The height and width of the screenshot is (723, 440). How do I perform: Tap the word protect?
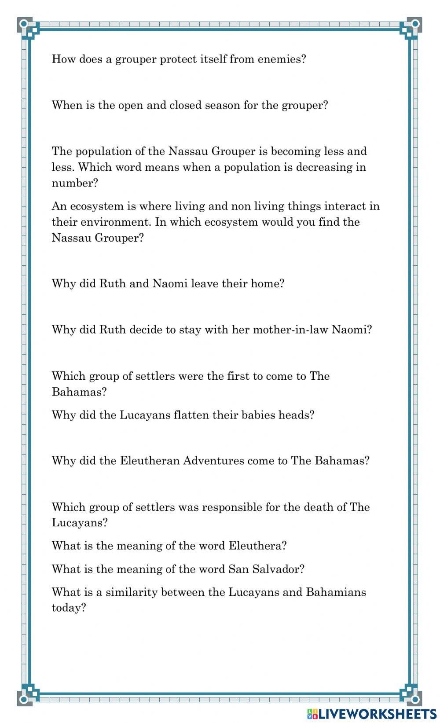[178, 59]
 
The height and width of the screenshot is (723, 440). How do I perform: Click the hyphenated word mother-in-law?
[290, 330]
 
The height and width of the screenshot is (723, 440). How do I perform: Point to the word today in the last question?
[68, 608]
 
